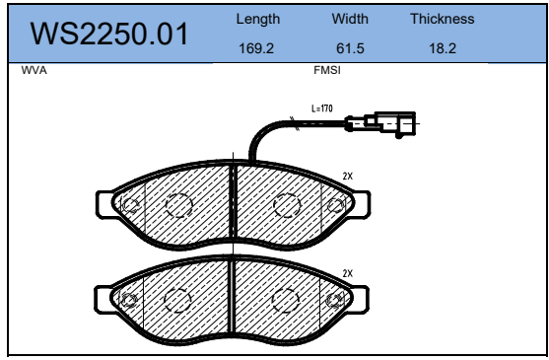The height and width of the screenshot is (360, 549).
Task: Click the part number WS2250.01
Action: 109,34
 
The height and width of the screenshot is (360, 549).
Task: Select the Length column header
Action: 258,19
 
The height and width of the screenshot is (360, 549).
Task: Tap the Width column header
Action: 350,19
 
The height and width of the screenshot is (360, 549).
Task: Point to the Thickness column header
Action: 443,19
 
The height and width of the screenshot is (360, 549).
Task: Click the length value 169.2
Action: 256,48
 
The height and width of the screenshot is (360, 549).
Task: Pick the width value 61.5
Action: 350,48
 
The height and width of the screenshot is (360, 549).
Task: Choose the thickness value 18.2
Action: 443,48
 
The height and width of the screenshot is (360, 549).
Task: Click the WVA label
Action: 34,70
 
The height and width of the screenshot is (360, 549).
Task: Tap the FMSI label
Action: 327,70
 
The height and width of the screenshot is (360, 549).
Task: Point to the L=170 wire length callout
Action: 322,108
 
